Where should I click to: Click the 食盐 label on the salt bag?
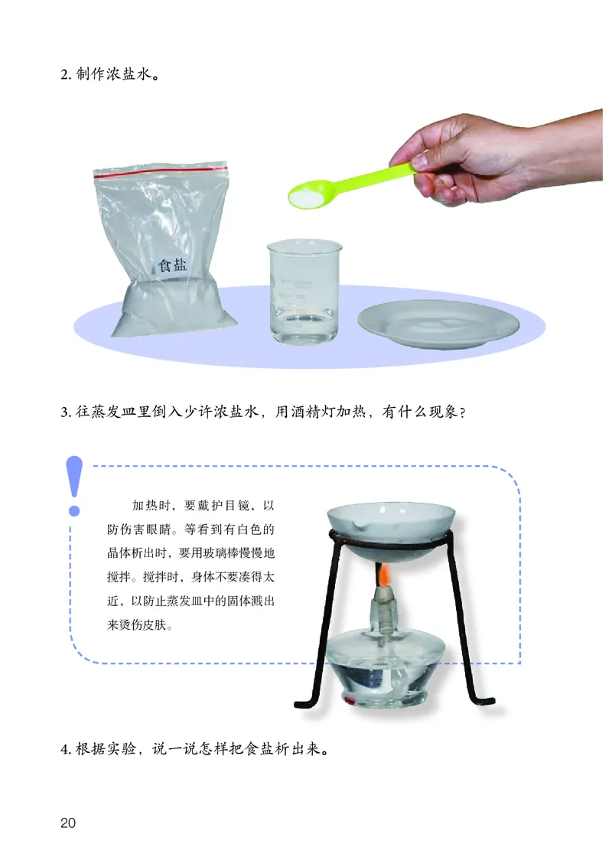[173, 265]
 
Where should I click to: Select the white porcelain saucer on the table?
[438, 324]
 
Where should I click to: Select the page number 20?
[68, 823]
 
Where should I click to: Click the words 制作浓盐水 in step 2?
[113, 73]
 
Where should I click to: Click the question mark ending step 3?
[462, 412]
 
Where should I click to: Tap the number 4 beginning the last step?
[64, 749]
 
